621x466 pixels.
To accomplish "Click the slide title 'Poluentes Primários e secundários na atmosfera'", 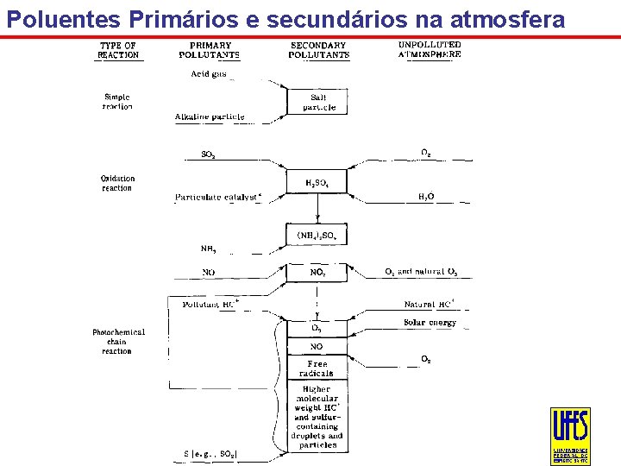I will pyautogui.click(x=284, y=18).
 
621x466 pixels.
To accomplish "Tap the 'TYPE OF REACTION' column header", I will pyautogui.click(x=117, y=50).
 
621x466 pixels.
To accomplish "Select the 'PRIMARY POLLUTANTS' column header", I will pyautogui.click(x=209, y=50).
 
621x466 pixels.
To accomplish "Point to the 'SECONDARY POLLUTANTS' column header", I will pyautogui.click(x=318, y=50).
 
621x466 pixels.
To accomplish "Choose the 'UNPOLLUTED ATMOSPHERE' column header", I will pyautogui.click(x=430, y=49).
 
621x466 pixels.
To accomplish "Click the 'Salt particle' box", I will pyautogui.click(x=318, y=103).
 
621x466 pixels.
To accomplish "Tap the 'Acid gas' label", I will pyautogui.click(x=209, y=74).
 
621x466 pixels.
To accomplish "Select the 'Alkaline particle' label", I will pyautogui.click(x=210, y=116).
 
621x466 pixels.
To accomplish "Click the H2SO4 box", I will pyautogui.click(x=318, y=183).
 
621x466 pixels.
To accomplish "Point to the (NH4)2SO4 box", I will pyautogui.click(x=318, y=235).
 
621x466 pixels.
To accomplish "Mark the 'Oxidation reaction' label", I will pyautogui.click(x=117, y=183).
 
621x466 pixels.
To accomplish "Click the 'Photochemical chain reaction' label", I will pyautogui.click(x=118, y=341).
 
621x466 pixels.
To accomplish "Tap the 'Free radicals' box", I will pyautogui.click(x=317, y=368).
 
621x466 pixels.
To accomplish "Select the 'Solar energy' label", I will pyautogui.click(x=430, y=323).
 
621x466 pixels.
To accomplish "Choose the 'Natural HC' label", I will pyautogui.click(x=429, y=304).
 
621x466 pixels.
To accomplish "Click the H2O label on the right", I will pyautogui.click(x=426, y=198).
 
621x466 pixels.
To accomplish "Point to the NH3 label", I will pyautogui.click(x=209, y=249).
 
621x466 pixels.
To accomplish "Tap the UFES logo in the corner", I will pyautogui.click(x=570, y=436).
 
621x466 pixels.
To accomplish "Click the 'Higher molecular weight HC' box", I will pyautogui.click(x=318, y=417).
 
